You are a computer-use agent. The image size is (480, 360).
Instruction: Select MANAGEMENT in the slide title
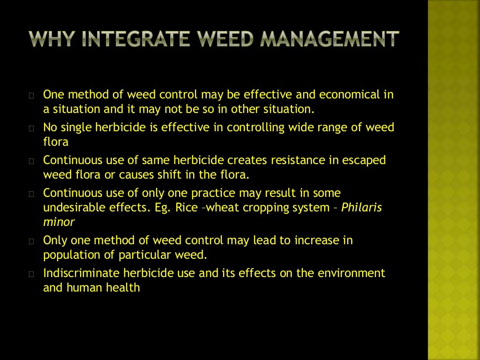(329, 39)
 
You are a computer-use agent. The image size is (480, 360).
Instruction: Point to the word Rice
(187, 207)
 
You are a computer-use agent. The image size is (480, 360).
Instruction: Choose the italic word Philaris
(361, 207)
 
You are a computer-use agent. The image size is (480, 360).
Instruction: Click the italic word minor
(59, 222)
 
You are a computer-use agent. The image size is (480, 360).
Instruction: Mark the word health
(124, 287)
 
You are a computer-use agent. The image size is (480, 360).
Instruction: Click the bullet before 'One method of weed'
(31, 96)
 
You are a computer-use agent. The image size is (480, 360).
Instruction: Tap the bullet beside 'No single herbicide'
(31, 128)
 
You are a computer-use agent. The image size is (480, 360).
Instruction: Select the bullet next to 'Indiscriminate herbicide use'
(31, 274)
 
